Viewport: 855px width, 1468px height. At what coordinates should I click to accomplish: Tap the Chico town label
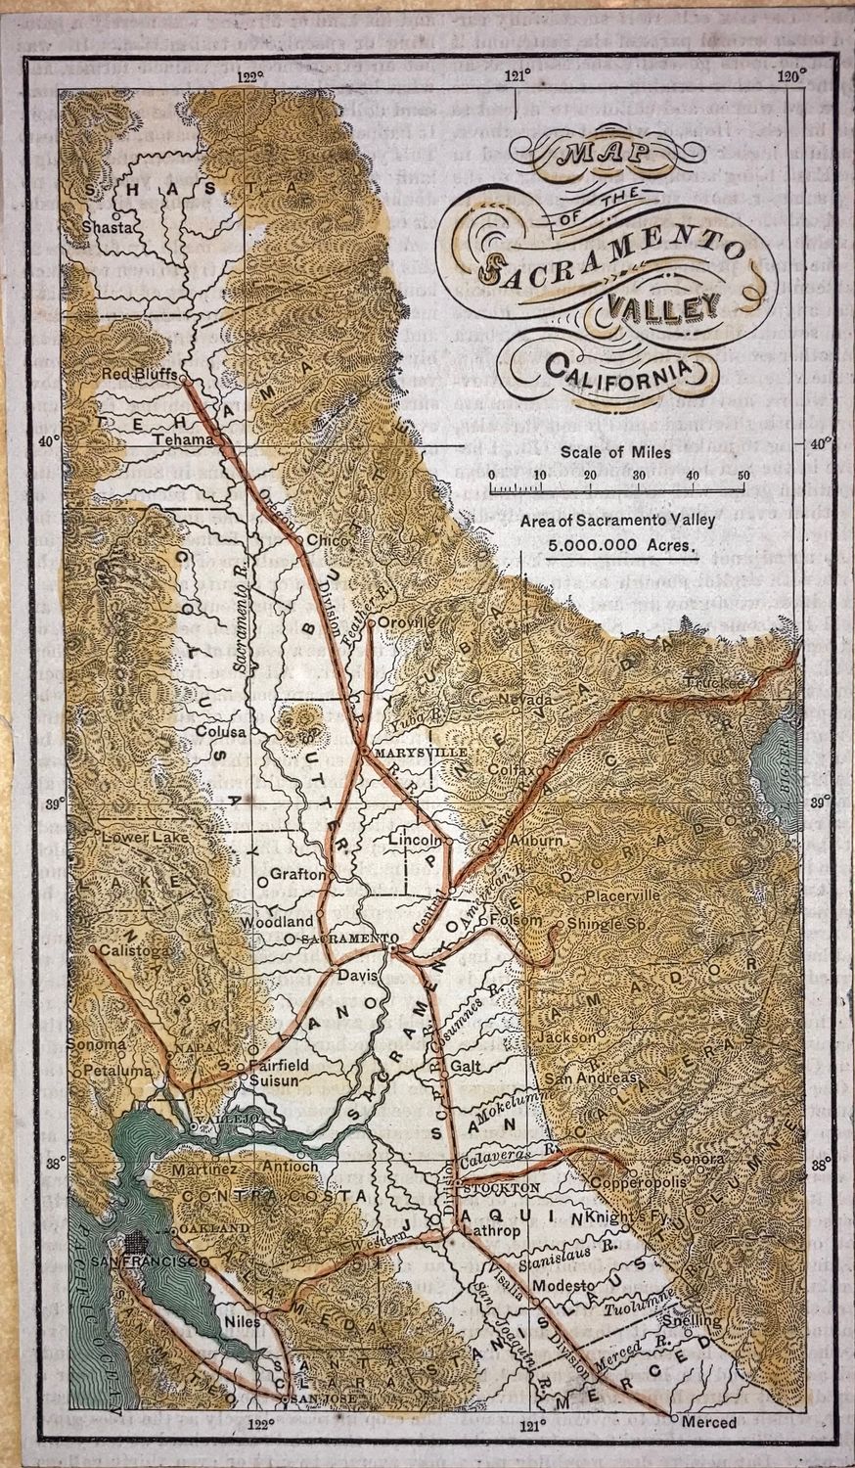click(321, 539)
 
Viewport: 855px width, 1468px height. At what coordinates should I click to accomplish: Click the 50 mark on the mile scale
click(743, 475)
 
